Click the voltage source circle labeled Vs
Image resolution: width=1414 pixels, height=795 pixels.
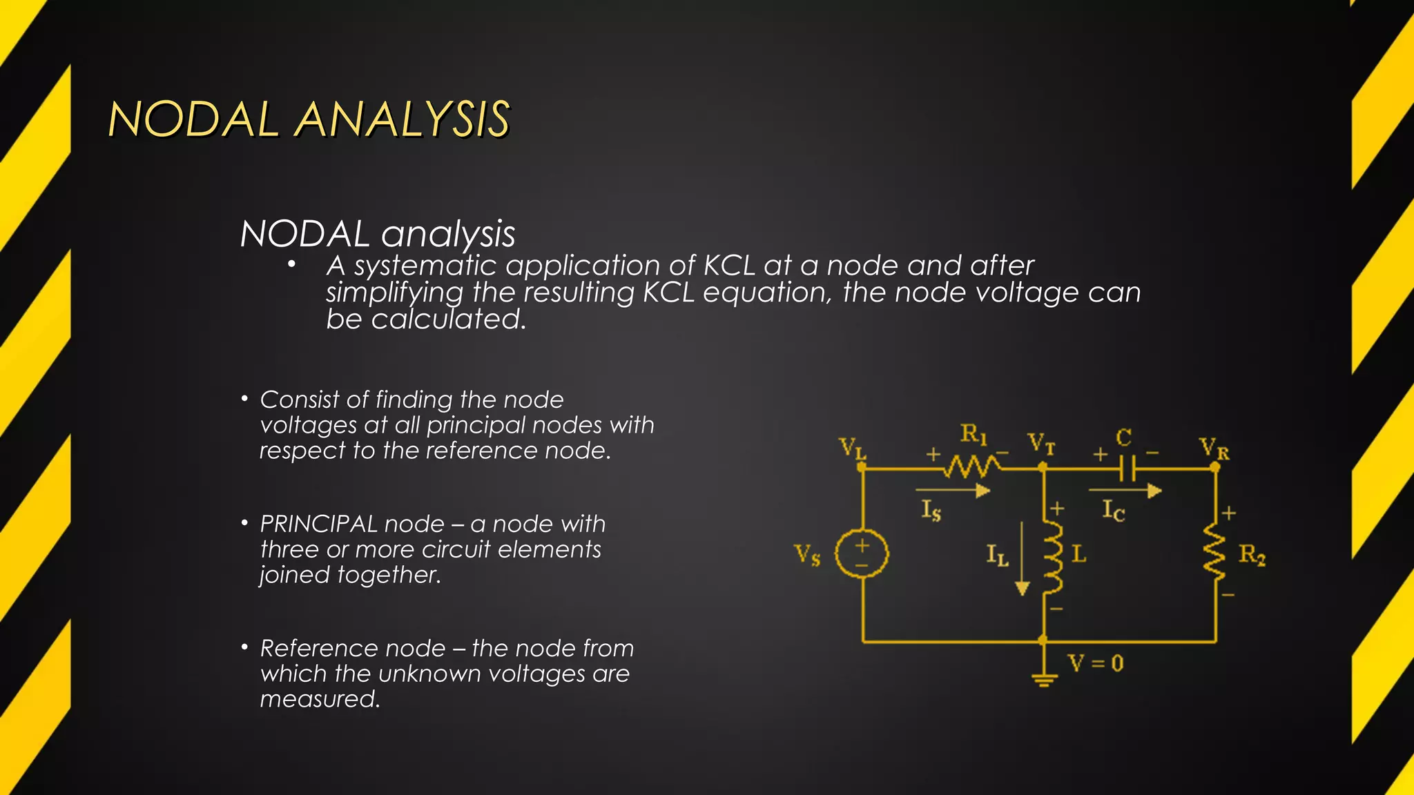tap(862, 553)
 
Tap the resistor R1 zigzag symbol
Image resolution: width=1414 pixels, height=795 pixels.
tap(972, 467)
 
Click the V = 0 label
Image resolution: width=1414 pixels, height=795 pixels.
tap(1096, 664)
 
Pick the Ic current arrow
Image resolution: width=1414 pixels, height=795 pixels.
tap(1125, 491)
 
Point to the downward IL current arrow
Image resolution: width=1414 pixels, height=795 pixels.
tap(1023, 559)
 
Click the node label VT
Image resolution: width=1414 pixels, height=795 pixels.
tap(1041, 443)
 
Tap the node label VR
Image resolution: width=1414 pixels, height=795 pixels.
tap(1214, 449)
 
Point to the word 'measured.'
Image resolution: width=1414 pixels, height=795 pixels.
tap(320, 699)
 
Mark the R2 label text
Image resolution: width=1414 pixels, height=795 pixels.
tap(1252, 555)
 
